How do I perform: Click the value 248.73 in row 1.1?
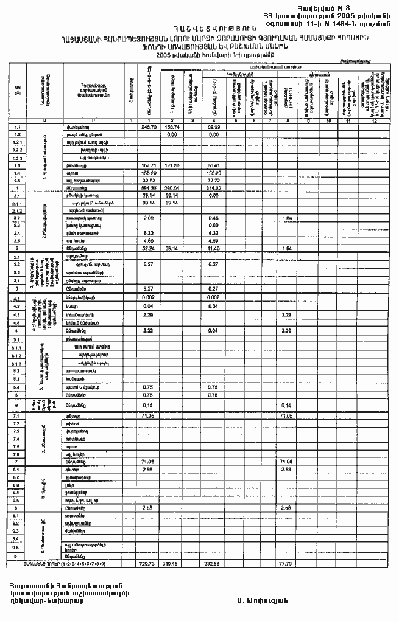pyautogui.click(x=150, y=127)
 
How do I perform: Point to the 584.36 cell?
pyautogui.click(x=150, y=188)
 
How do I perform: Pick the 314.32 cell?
pyautogui.click(x=213, y=188)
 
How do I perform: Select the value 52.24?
pyautogui.click(x=150, y=248)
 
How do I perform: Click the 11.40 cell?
pyautogui.click(x=214, y=248)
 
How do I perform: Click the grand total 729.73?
pyautogui.click(x=150, y=564)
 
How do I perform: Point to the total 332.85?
pyautogui.click(x=213, y=564)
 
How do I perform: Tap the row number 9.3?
pyautogui.click(x=19, y=530)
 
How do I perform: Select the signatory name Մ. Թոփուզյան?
pyautogui.click(x=262, y=600)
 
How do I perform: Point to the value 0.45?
pyautogui.click(x=214, y=217)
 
